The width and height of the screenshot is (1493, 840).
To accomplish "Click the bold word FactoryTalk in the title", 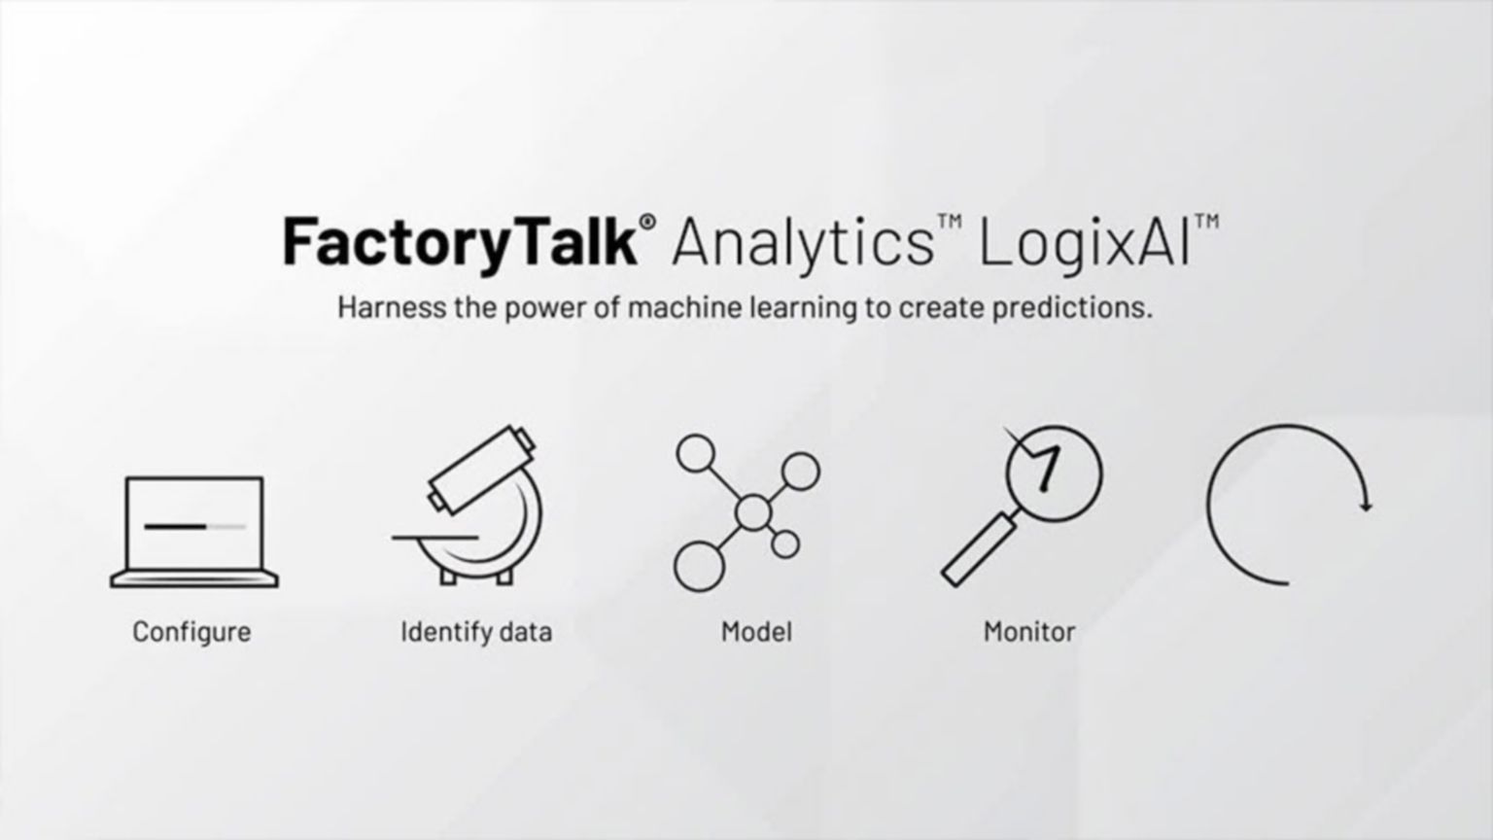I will pos(459,242).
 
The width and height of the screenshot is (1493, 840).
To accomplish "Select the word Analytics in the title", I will pos(802,243).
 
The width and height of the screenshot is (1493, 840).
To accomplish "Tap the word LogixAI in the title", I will pos(1085,243).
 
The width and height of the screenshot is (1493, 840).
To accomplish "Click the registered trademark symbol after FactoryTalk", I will pos(648,223).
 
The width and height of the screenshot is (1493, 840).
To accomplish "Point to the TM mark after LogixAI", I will pos(1206,222).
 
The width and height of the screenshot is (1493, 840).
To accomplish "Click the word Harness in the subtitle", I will pos(384,307).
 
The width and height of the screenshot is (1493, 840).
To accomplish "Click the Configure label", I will pos(191,632).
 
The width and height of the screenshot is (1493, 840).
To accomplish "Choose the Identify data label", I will pos(476,632).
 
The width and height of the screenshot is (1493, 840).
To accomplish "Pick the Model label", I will pos(756,632).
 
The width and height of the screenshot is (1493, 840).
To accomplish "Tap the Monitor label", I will pos(1029,632).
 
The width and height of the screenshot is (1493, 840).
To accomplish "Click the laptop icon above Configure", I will pos(194,531).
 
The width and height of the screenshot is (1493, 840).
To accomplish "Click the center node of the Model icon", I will pos(752,511).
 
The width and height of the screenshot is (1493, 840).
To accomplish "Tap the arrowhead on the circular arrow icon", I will pos(1366,506).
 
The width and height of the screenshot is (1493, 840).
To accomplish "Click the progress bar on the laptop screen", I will pos(194,526).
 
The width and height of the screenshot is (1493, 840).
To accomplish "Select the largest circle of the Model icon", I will pos(699,566).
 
